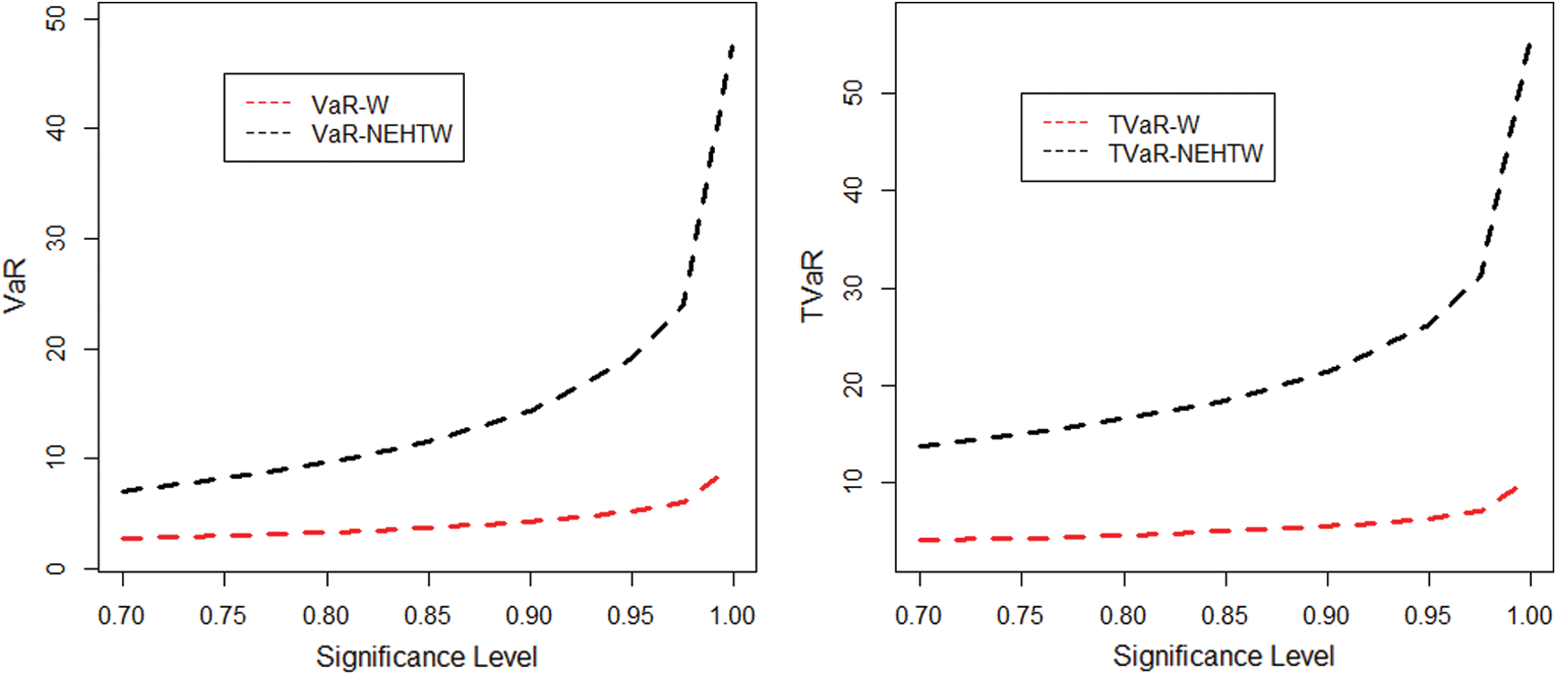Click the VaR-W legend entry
tap(349, 105)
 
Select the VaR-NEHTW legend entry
tap(382, 134)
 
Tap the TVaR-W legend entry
tap(1153, 124)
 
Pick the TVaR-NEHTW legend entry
tap(1185, 154)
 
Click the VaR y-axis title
tap(15, 285)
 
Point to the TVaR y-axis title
tap(812, 286)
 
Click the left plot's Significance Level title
tap(426, 656)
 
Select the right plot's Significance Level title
tap(1224, 656)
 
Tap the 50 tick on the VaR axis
tap(56, 19)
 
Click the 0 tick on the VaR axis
tap(56, 568)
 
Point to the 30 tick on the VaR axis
tap(56, 238)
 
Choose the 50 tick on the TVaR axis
tap(853, 93)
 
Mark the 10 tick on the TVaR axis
tap(853, 483)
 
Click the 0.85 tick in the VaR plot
tap(427, 616)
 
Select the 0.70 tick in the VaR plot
tap(122, 616)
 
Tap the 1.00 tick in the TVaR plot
tap(1529, 616)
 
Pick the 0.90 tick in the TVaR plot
tap(1326, 616)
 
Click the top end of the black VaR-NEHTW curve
tap(733, 45)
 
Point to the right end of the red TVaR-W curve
tap(1516, 488)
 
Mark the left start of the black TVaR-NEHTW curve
tap(921, 446)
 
